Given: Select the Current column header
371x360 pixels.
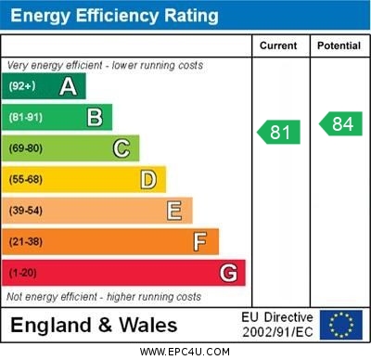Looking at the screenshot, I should [278, 45].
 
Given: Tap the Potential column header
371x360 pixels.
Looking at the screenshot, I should [339, 45].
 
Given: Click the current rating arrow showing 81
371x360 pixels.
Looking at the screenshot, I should [279, 132].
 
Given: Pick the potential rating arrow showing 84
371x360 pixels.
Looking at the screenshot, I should [340, 123].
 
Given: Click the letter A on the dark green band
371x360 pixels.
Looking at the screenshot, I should [68, 86].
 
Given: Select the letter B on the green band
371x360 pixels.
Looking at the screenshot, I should [95, 117].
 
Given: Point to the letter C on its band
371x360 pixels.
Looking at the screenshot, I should [122, 148].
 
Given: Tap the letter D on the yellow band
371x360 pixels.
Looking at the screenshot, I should [148, 179].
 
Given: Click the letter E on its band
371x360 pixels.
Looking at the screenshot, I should [174, 211].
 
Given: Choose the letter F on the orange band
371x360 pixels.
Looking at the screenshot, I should [200, 242].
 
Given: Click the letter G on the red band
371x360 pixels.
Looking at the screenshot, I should [228, 274].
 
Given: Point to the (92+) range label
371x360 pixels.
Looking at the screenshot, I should [23, 86].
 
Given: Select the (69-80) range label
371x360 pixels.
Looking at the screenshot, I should [26, 148].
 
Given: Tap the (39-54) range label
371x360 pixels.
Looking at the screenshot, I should [26, 211].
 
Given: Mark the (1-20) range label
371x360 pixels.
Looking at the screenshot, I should [23, 274].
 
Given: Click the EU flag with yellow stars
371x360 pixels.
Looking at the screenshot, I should [341, 325].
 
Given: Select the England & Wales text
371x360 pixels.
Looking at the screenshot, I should [94, 325].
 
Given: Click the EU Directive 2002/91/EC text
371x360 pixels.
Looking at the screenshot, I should [277, 325].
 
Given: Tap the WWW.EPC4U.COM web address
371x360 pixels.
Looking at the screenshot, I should [185, 352].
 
